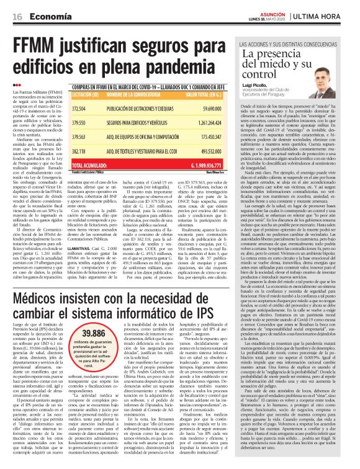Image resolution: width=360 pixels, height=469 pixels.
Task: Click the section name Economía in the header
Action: [x=50, y=16]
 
